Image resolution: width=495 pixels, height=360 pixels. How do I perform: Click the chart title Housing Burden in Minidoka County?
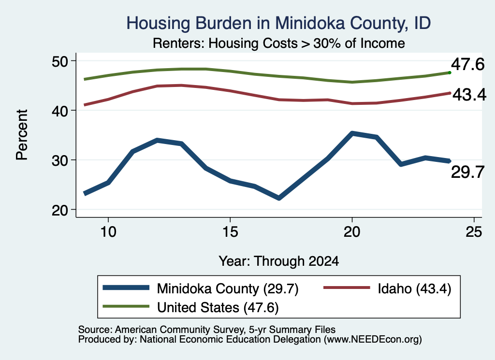278,23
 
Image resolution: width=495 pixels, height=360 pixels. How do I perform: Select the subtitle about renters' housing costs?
279,43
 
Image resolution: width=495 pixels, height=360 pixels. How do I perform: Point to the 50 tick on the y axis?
60,61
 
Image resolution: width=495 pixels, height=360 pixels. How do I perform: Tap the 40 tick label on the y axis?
60,111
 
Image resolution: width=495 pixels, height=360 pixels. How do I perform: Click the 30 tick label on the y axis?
60,160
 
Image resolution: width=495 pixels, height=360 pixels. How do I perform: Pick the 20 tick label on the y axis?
60,210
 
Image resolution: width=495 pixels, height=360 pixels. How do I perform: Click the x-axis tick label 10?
108,232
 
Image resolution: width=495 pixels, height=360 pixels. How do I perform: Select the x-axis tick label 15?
230,232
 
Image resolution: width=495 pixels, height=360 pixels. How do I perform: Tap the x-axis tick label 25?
474,232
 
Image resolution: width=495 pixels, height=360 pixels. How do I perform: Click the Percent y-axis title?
22,135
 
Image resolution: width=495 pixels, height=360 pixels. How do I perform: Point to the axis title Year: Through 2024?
279,261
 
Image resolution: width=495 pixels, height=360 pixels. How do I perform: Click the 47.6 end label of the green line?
467,64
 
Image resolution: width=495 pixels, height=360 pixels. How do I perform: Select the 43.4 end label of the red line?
469,95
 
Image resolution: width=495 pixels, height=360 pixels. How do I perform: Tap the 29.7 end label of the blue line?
467,173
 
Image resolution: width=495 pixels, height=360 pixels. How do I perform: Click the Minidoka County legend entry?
227,288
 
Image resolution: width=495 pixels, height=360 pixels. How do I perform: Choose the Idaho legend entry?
414,288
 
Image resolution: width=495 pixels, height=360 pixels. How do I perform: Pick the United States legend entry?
218,307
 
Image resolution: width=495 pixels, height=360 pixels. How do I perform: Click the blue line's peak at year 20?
352,133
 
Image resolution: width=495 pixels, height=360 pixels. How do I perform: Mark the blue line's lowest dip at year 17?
279,198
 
